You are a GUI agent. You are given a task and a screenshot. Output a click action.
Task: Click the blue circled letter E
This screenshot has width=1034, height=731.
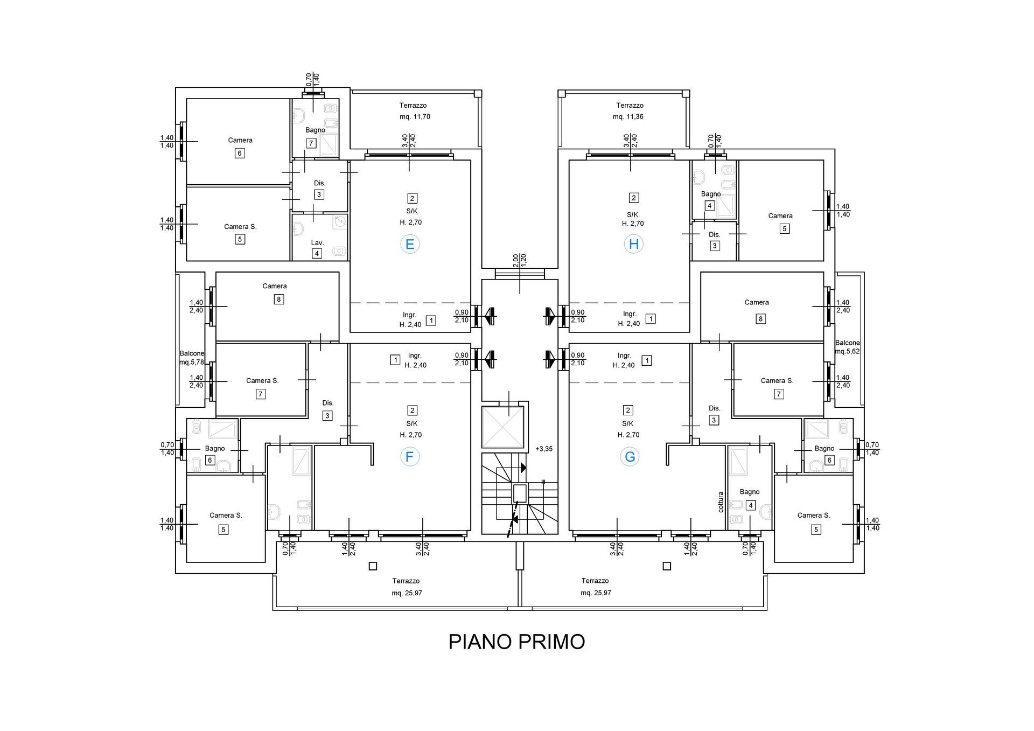410,245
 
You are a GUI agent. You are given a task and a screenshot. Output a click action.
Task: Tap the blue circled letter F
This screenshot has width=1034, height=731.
410,457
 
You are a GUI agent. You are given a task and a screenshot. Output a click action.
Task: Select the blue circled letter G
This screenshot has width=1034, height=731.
630,457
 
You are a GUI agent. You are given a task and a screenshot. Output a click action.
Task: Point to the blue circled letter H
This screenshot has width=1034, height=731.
634,245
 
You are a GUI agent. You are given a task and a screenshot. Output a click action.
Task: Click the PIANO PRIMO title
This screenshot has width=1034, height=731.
516,642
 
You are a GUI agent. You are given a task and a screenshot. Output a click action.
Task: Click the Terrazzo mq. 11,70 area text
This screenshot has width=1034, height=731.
414,111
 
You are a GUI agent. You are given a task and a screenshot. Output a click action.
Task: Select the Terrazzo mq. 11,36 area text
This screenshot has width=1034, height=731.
630,111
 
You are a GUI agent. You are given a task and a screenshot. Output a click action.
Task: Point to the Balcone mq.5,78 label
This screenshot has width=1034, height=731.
192,358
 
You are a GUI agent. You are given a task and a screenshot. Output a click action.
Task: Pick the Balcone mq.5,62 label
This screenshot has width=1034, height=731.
848,347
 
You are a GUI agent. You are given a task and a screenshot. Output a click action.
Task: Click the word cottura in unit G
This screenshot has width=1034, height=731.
721,502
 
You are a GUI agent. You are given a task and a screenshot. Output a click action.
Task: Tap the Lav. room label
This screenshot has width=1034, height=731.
317,243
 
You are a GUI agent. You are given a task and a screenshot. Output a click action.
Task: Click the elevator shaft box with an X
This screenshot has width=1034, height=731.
502,427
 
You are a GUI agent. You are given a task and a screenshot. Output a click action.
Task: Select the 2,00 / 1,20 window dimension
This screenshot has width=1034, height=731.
520,261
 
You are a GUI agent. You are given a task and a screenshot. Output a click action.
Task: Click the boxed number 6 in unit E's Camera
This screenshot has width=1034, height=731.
240,153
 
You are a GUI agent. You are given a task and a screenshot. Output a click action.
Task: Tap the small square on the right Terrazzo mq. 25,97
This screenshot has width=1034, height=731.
667,566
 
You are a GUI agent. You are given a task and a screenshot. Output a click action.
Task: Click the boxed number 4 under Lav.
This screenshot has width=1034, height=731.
317,254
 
